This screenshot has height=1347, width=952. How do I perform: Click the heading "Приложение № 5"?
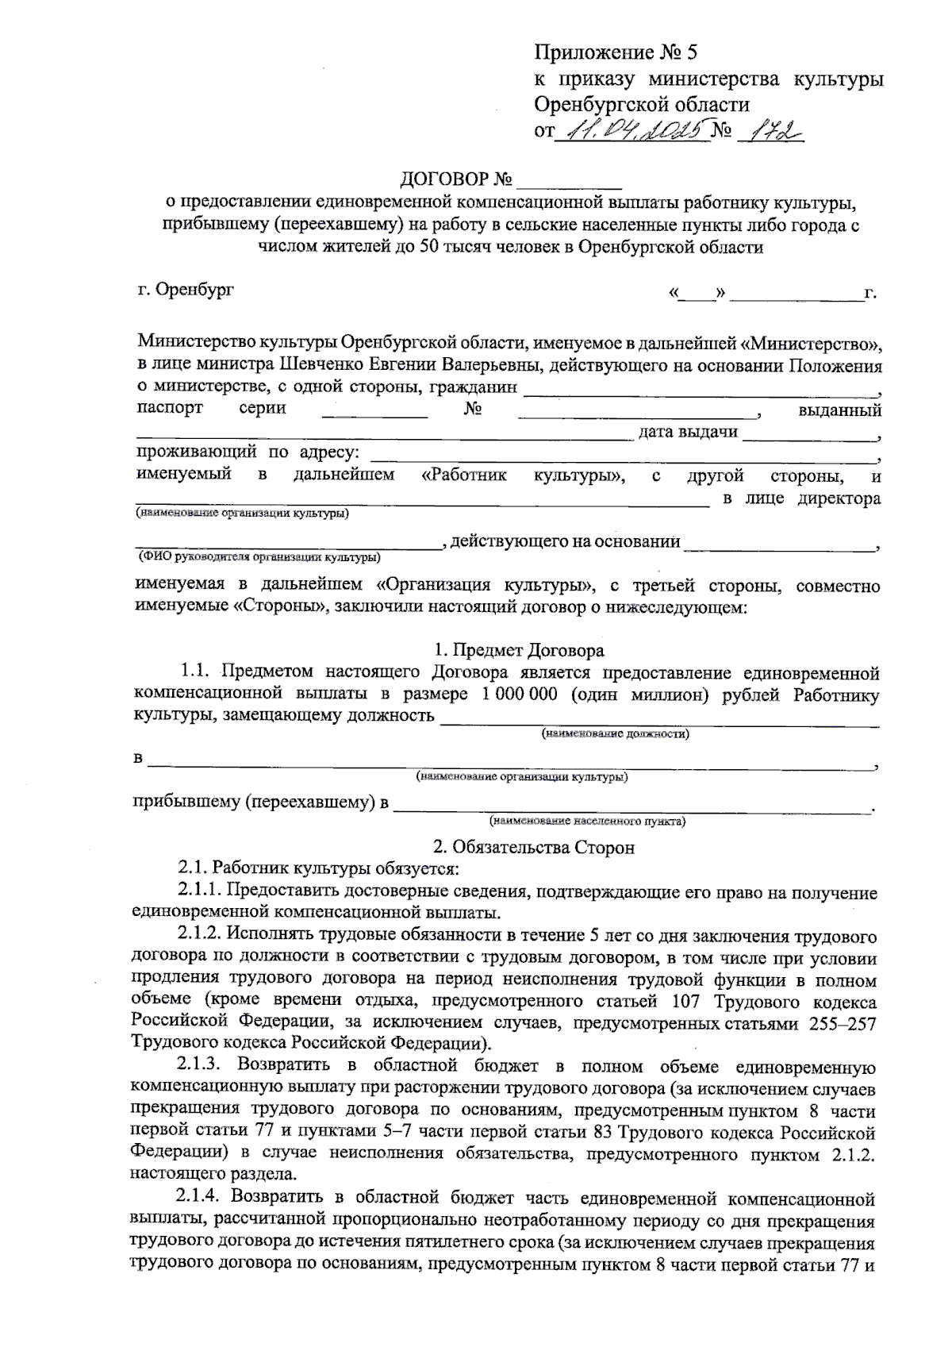pos(616,53)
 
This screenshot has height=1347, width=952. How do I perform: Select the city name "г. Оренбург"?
pos(186,290)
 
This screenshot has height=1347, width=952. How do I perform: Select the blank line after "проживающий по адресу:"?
pos(623,455)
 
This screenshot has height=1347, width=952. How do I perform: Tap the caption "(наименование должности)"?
pos(615,734)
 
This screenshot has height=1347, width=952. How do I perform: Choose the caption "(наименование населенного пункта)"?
pos(587,821)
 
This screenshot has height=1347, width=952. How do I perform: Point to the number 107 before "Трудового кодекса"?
pos(687,1003)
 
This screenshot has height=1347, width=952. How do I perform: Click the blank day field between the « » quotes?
pos(698,294)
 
